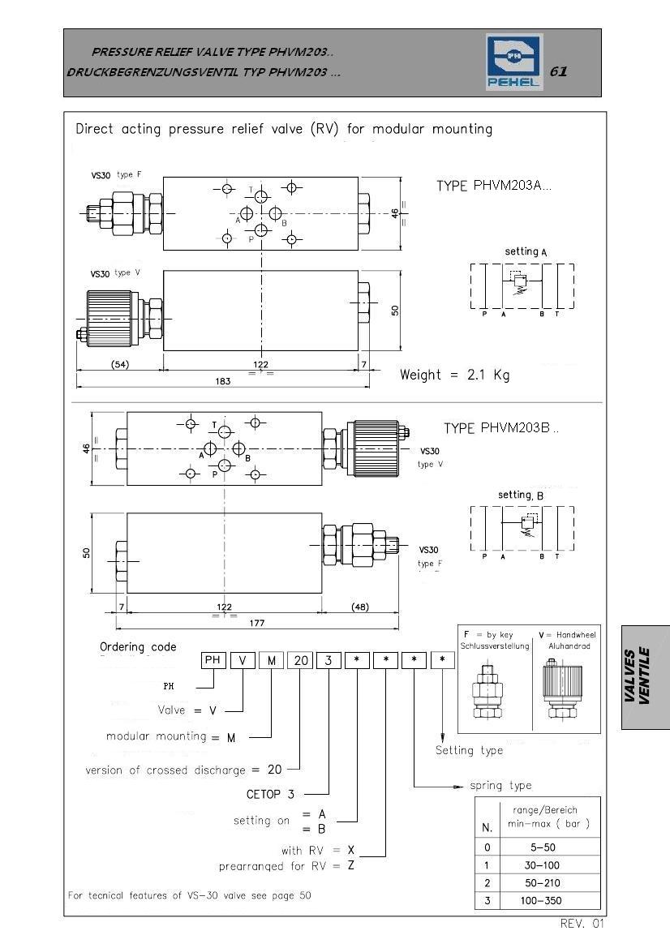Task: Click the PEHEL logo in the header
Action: point(514,62)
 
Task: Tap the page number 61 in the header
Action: point(558,71)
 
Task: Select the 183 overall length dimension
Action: point(223,381)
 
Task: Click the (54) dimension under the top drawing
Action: point(120,365)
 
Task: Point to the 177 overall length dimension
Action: point(257,623)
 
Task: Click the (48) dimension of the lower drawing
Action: point(360,607)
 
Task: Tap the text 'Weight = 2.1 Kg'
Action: point(455,375)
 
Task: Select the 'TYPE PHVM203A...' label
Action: point(494,186)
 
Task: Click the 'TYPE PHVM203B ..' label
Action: point(501,428)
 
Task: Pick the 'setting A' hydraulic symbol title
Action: point(526,251)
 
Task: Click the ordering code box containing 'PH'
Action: point(213,660)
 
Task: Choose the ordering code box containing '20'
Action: point(301,660)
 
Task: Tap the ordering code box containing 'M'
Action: point(272,660)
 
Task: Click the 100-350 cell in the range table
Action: point(541,900)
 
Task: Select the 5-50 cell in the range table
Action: point(541,847)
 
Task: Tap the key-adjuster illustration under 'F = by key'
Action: point(487,692)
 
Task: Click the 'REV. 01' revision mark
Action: point(582,923)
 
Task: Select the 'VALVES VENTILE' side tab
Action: point(645,677)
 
